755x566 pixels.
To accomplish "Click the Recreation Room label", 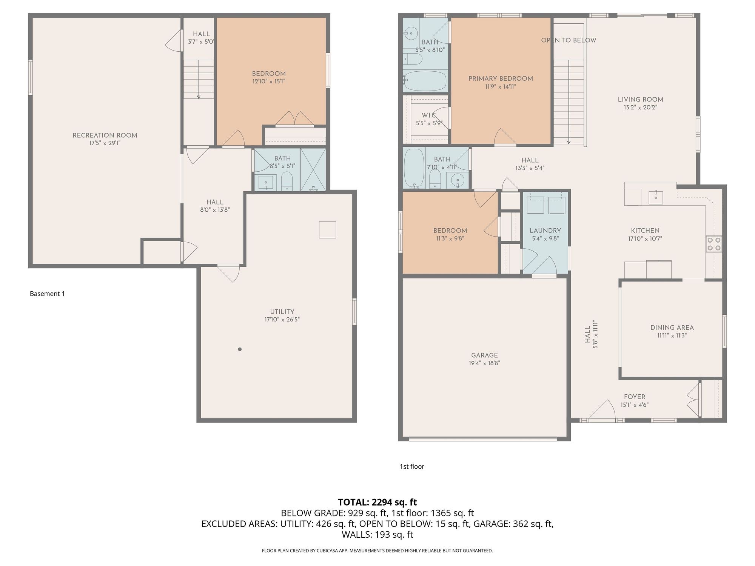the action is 105,135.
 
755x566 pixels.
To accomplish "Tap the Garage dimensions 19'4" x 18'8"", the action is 484,363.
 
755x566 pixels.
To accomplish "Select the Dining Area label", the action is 672,328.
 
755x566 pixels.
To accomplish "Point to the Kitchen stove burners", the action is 713,243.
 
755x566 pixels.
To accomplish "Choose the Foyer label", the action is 635,397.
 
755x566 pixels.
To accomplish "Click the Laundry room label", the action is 545,231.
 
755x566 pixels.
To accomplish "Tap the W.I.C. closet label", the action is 429,115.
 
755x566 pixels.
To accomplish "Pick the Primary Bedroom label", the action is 501,78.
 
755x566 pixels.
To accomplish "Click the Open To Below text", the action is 569,40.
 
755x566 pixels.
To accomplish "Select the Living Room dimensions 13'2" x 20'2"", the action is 640,107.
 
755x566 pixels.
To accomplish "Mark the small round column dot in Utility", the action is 240,349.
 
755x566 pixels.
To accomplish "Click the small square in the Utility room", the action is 327,229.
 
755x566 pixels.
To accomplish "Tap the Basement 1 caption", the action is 47,294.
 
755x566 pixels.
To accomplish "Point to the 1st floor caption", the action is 412,466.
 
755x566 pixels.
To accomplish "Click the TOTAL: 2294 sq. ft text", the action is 377,502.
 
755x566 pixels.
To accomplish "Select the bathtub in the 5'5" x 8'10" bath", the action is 425,81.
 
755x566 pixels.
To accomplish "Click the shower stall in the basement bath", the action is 313,170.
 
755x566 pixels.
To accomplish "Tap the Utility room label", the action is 282,312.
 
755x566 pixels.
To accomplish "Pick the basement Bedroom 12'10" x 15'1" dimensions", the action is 269,81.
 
